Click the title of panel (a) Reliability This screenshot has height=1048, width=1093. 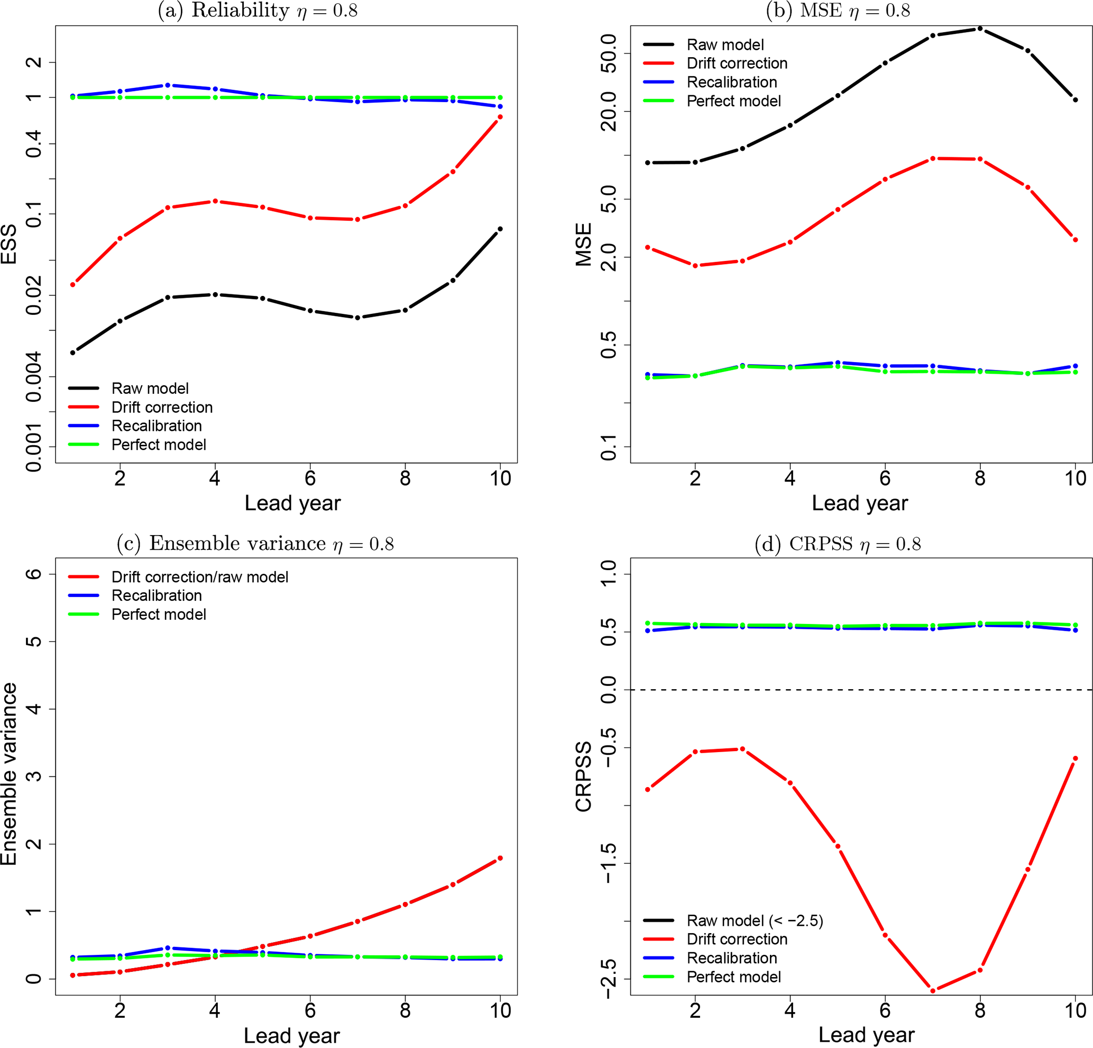click(258, 11)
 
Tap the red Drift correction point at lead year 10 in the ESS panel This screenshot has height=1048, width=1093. click(500, 116)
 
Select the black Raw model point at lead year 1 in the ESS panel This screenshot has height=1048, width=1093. click(72, 352)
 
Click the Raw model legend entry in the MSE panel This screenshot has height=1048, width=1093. click(725, 44)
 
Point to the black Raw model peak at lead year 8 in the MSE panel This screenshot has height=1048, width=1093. click(980, 29)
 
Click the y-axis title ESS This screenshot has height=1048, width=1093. click(9, 244)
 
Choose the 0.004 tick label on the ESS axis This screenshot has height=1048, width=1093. click(33, 377)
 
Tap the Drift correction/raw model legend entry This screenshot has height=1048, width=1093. click(200, 576)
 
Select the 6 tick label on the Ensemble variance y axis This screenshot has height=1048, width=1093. click(33, 574)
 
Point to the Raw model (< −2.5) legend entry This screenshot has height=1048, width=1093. click(755, 920)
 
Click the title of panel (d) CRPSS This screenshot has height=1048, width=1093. click(838, 544)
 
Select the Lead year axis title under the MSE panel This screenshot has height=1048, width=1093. click(859, 503)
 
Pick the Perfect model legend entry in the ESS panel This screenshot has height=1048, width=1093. click(159, 445)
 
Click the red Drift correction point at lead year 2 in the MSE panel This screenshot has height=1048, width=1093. click(695, 266)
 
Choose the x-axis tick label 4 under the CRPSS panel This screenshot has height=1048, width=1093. click(789, 1010)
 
